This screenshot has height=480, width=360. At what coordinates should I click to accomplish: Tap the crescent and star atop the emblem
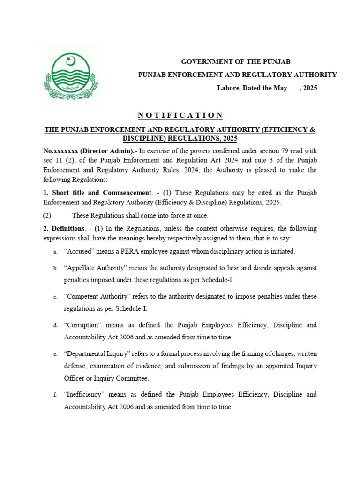[x=71, y=60]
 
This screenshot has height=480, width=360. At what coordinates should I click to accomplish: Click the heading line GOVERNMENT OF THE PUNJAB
[x=236, y=62]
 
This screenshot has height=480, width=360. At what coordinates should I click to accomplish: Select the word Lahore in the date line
[x=228, y=88]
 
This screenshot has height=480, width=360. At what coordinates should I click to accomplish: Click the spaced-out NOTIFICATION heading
[x=180, y=115]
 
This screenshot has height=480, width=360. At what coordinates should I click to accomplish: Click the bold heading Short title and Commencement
[x=102, y=193]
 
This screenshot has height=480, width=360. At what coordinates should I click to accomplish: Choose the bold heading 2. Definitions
[x=63, y=229]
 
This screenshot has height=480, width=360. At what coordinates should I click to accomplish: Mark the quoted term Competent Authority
[x=97, y=297]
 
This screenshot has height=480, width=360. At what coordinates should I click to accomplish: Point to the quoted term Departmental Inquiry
[x=97, y=353]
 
